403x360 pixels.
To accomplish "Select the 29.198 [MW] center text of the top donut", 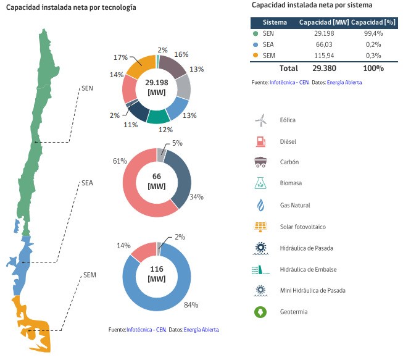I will (157, 87).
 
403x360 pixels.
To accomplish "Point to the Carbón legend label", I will (289, 162).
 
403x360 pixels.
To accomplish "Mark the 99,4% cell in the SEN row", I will (373, 33).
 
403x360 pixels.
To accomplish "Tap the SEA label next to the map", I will (87, 183).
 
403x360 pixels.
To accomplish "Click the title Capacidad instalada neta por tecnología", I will (71, 7).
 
